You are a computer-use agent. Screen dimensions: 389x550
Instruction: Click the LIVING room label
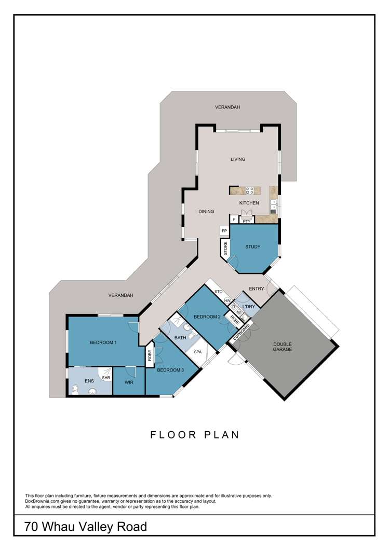tap(238, 159)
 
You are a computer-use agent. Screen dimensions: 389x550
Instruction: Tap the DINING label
tap(206, 212)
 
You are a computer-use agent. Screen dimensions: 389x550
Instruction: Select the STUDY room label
tap(253, 246)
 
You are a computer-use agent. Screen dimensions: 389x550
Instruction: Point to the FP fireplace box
tap(224, 231)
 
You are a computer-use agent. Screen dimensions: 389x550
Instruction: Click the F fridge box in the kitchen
tap(234, 219)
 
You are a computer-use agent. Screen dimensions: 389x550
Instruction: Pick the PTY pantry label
tap(247, 222)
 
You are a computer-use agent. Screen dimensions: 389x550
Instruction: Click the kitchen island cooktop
tap(250, 191)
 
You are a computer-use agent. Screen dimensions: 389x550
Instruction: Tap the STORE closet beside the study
tap(225, 249)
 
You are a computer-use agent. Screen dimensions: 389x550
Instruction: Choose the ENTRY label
tap(256, 288)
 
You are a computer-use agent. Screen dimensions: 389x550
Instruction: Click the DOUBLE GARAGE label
tap(283, 347)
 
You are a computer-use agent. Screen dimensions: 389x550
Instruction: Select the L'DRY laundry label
tap(249, 307)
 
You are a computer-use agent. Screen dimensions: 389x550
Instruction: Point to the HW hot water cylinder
tap(227, 300)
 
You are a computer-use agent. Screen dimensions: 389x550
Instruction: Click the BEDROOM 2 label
tap(207, 317)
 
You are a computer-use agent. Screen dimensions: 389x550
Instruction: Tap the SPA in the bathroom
tap(198, 351)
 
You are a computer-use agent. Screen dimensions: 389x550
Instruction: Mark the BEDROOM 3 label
tap(170, 370)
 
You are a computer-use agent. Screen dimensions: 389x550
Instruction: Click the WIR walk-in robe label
tap(129, 382)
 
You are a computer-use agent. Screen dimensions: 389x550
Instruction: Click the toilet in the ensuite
tap(75, 389)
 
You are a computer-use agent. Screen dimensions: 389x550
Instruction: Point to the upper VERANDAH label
tap(227, 107)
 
